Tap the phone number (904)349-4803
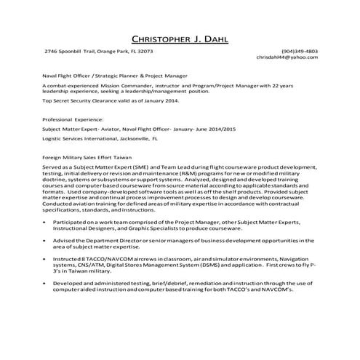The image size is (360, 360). coord(299,52)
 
